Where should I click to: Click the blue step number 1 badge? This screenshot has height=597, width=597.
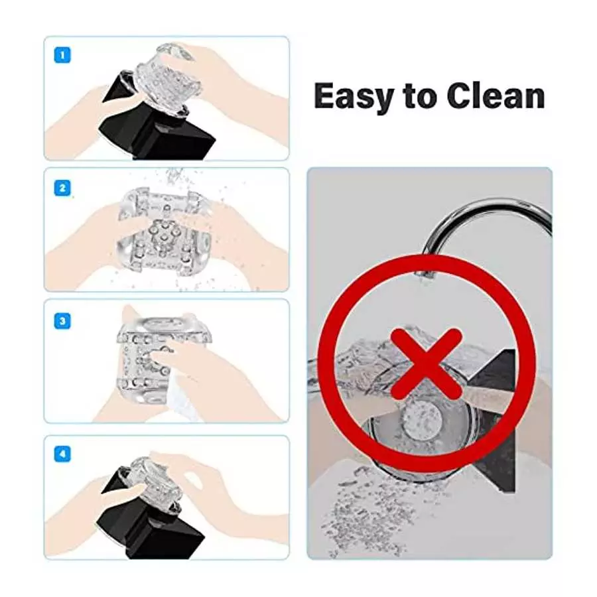62,55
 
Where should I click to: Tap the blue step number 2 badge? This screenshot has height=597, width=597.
62,188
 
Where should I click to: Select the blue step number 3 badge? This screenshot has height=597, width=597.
62,321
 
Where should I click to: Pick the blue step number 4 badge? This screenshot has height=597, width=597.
62,454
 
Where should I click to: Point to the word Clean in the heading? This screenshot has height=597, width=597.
496,96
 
